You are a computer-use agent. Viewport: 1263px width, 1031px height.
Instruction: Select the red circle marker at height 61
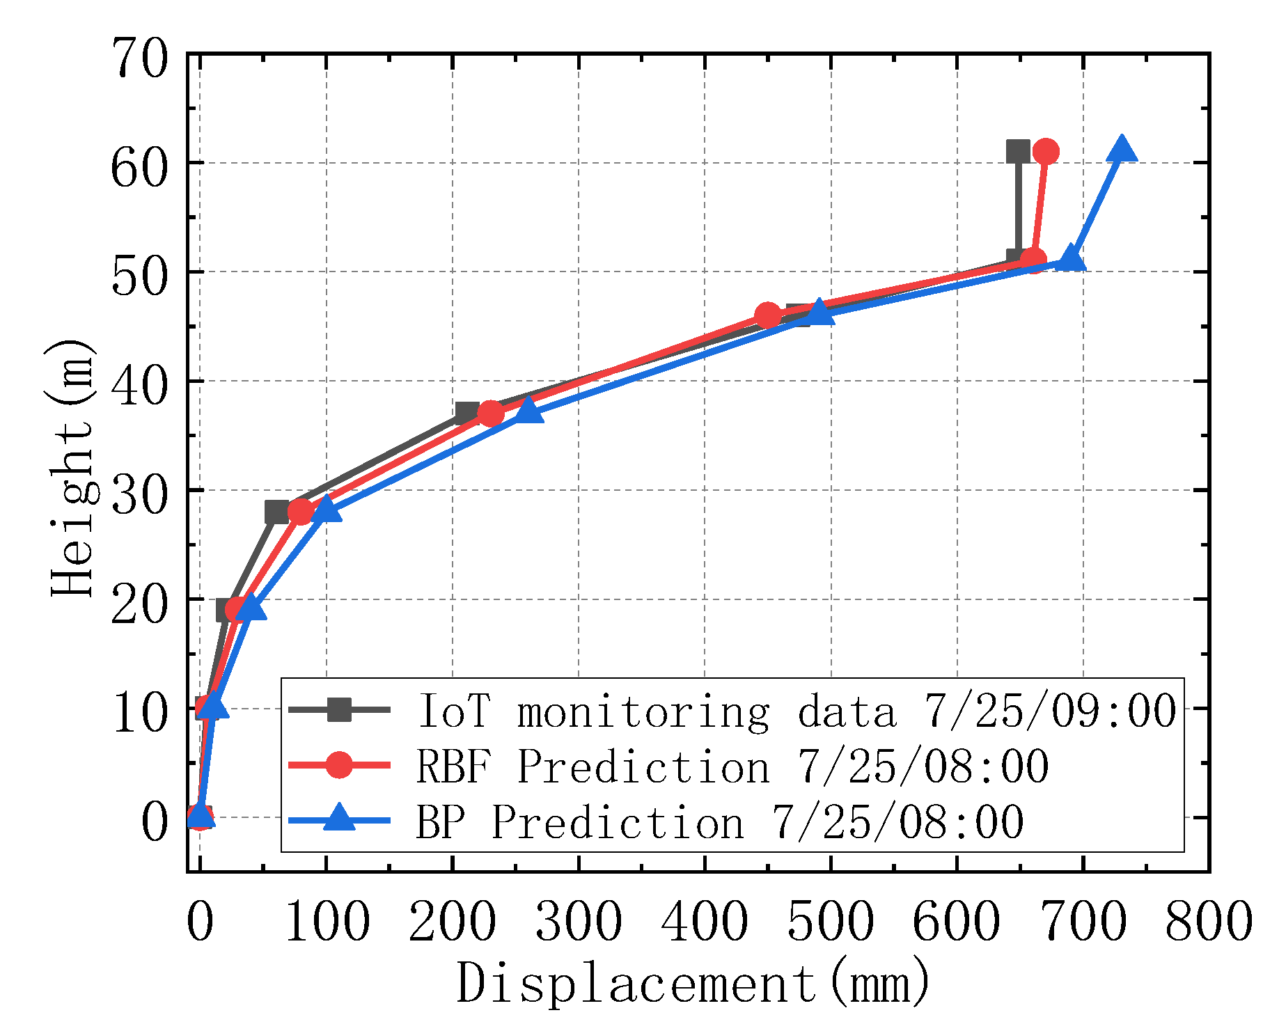(1046, 151)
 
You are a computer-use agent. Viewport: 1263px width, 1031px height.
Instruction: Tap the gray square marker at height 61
(1018, 151)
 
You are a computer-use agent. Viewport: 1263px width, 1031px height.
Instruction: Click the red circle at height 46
(767, 315)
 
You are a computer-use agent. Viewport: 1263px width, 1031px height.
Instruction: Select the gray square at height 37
(466, 414)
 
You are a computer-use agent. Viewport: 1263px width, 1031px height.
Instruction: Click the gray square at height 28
(276, 512)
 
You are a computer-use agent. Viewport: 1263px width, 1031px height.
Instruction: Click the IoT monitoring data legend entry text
(797, 711)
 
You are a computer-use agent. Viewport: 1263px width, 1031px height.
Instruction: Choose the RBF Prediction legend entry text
(732, 766)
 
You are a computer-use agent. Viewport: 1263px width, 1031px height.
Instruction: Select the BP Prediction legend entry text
(720, 822)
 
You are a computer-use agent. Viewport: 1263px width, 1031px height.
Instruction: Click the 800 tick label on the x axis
(1209, 922)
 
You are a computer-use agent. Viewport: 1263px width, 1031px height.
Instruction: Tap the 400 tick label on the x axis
(705, 922)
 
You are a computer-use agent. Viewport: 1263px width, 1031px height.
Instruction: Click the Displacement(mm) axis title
(693, 984)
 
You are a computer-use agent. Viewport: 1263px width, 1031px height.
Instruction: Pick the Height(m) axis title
(72, 468)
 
